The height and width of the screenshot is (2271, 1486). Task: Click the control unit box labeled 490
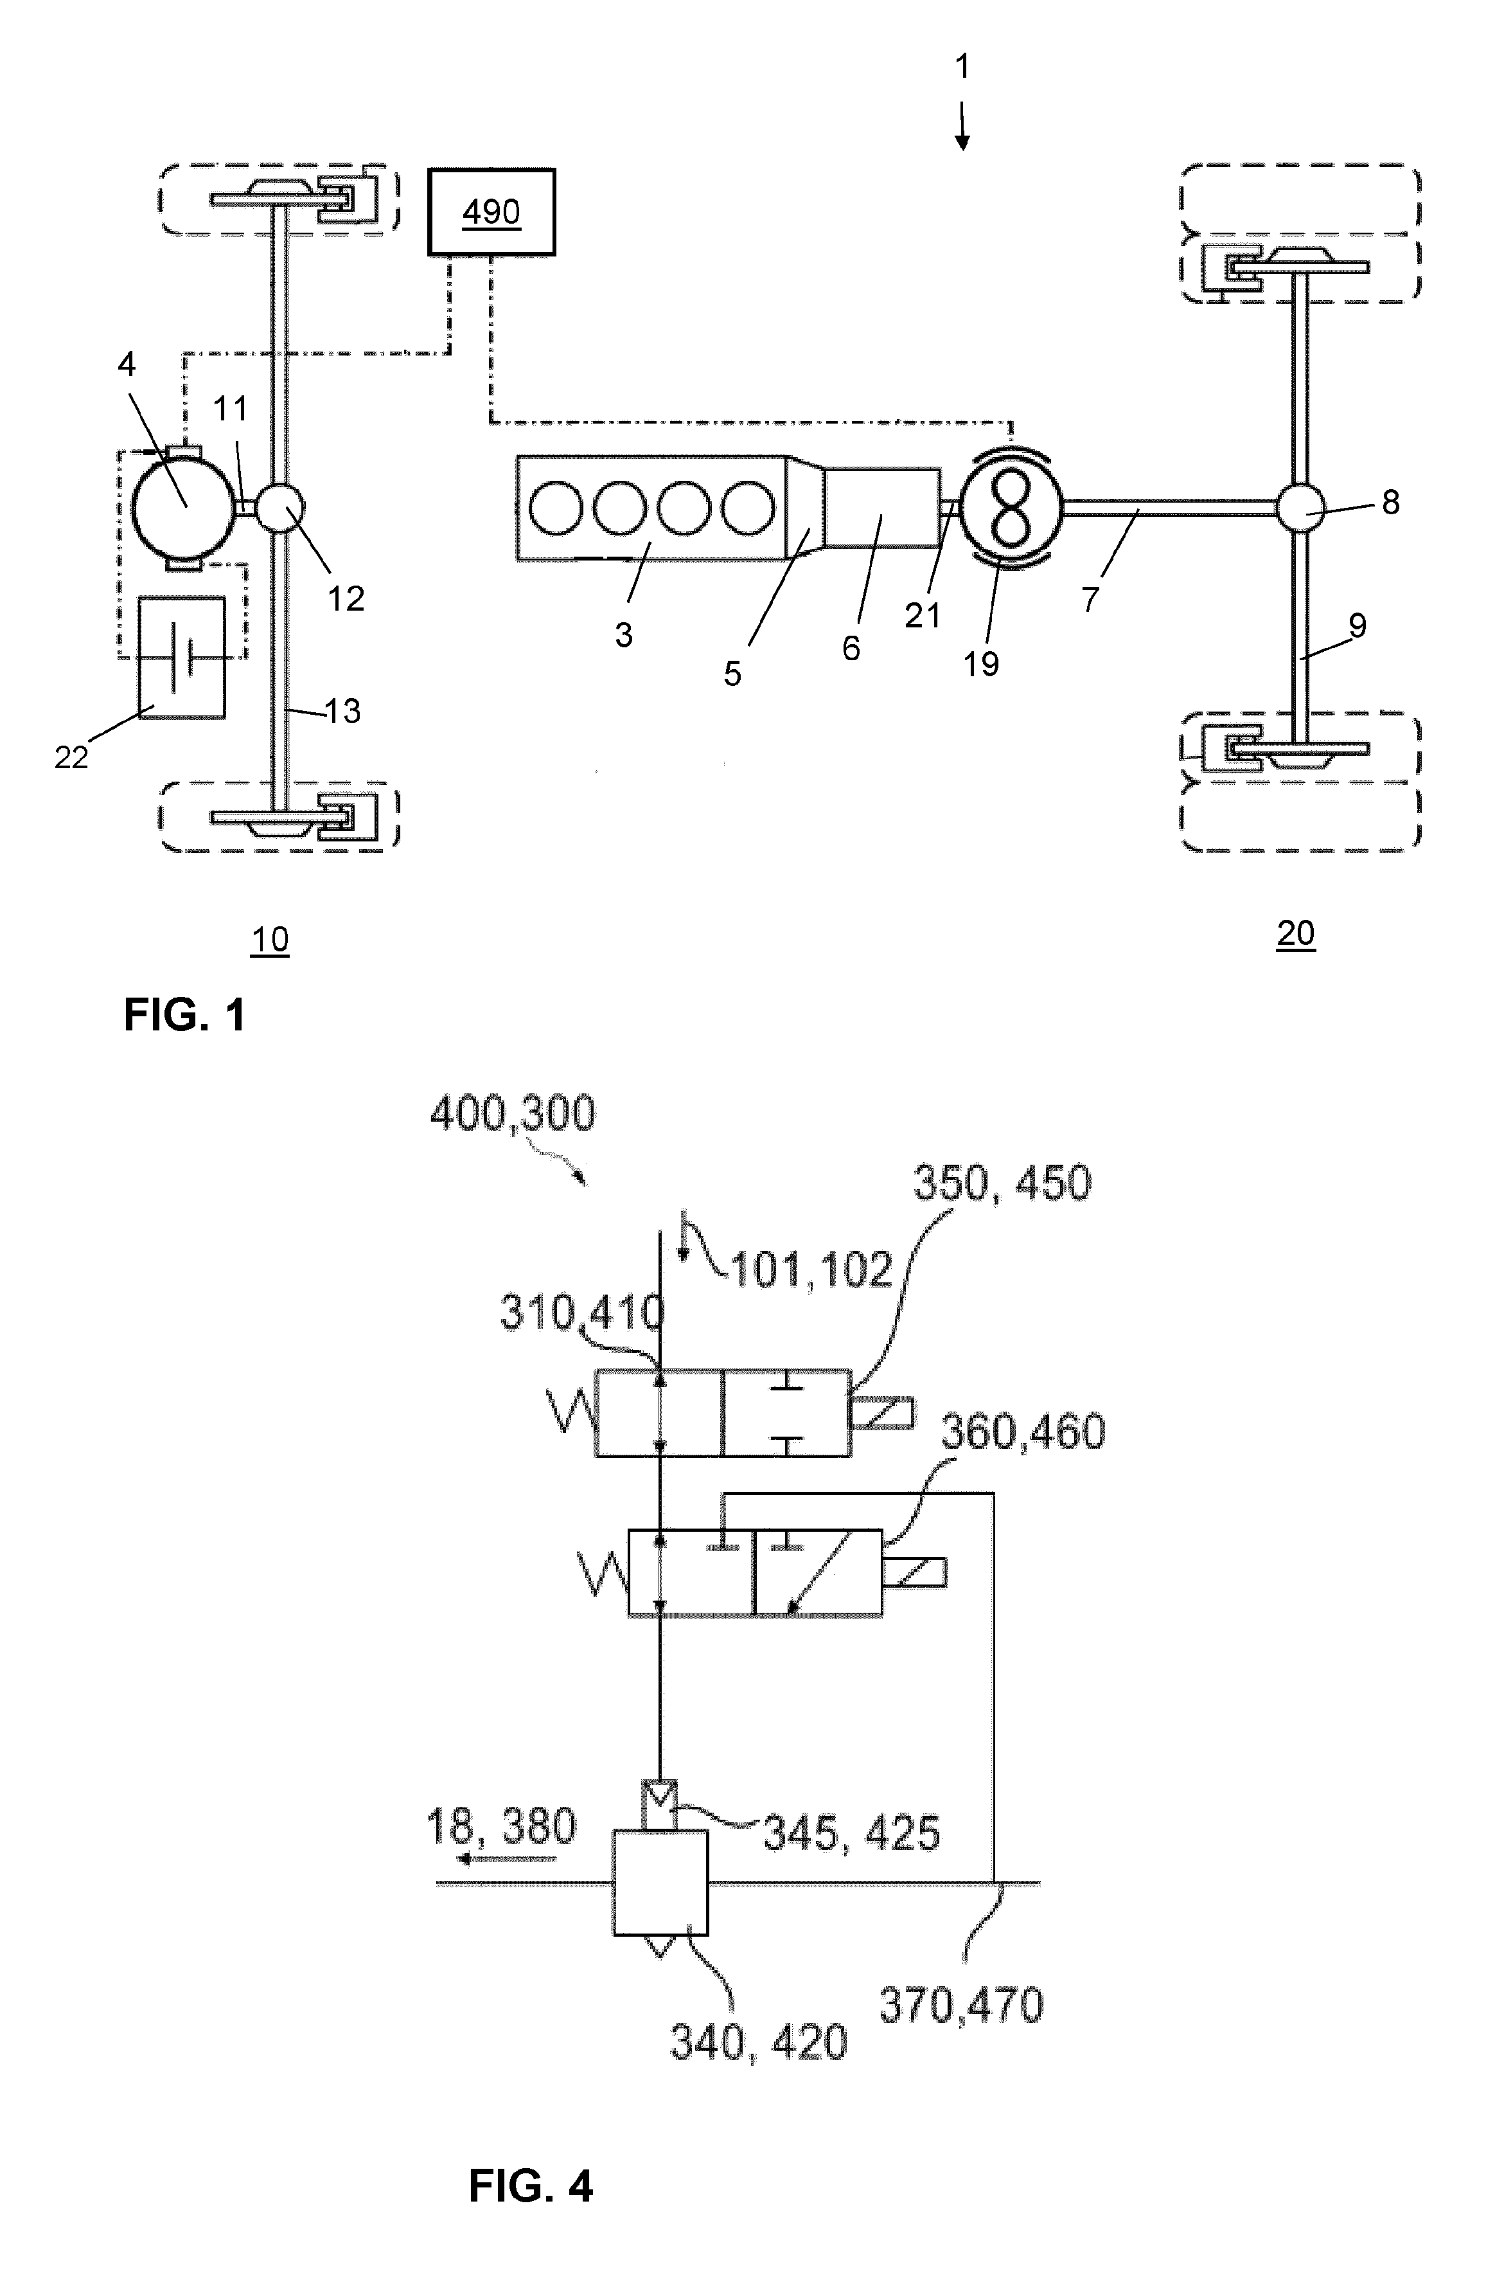[491, 212]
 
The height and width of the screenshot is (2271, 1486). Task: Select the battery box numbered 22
[182, 658]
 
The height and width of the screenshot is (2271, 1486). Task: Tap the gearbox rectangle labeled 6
[881, 508]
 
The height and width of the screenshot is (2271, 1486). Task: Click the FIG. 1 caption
[185, 1014]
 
